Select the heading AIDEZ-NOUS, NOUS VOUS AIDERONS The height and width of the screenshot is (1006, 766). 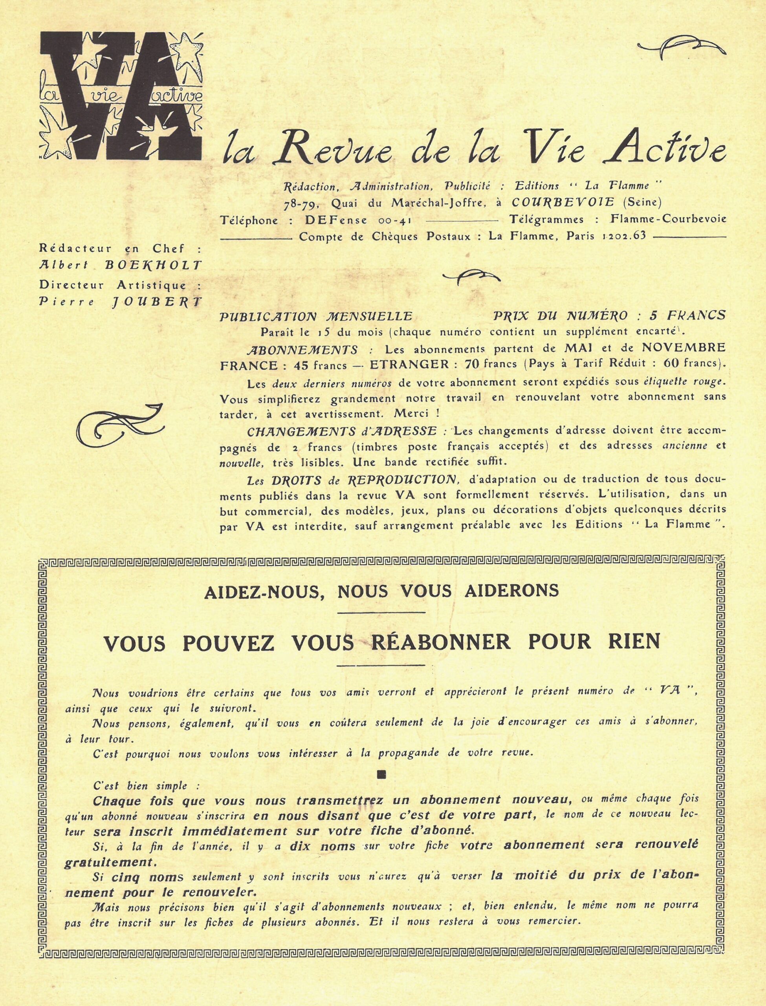pos(382,591)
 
